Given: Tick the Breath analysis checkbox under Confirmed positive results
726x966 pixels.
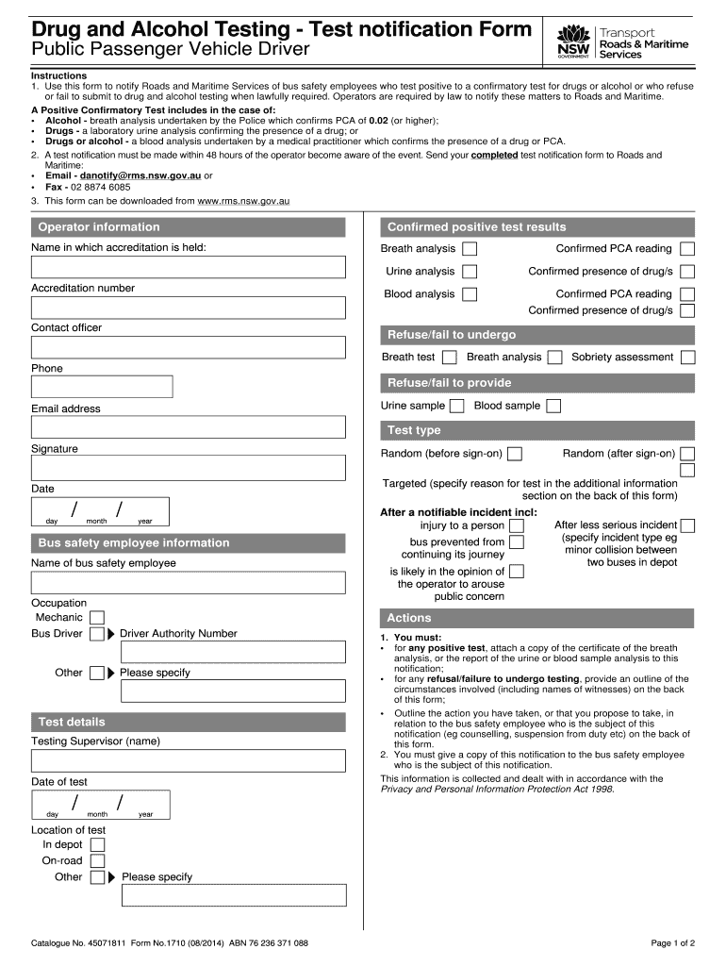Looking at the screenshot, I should pos(469,249).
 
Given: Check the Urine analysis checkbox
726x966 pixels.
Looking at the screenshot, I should pos(469,272).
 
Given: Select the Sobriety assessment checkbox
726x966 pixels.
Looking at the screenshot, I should pos(688,358).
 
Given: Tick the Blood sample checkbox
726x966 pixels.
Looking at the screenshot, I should pos(553,407).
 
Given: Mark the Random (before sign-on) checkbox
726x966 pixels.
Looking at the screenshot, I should pos(515,454).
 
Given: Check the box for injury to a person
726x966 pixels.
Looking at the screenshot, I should pos(517,525).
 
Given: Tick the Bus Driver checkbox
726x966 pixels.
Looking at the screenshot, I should pos(96,634).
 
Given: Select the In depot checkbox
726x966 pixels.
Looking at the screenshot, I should pos(97,845).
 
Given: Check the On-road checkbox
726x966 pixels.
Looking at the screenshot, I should pos(97,861).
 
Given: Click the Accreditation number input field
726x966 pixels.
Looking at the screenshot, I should pos(189,308).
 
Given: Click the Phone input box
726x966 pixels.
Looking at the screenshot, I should pos(102,387).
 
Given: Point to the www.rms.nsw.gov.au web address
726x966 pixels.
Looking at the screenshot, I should pos(243,201).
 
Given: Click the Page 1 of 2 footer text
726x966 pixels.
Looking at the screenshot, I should pos(672,943).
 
